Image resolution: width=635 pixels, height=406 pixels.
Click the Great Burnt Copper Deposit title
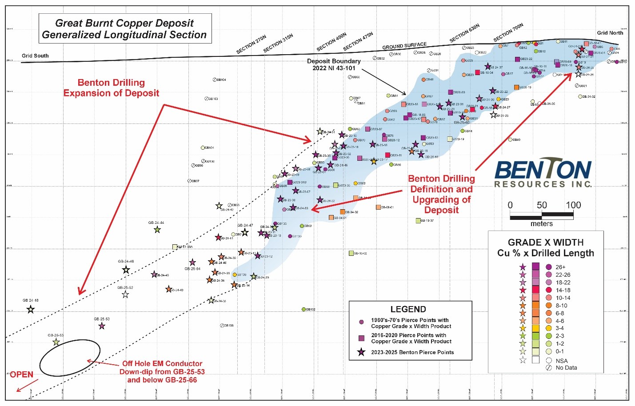pyautogui.click(x=124, y=28)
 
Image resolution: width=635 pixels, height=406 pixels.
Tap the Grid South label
pyautogui.click(x=35, y=56)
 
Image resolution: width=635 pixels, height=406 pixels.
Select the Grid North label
pyautogui.click(x=610, y=32)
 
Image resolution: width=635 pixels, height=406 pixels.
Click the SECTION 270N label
pyautogui.click(x=251, y=45)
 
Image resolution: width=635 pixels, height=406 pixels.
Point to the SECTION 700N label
pyautogui.click(x=508, y=33)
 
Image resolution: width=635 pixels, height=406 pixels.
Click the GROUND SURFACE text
pyautogui.click(x=404, y=46)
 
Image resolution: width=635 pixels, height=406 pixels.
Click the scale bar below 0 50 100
pyautogui.click(x=541, y=216)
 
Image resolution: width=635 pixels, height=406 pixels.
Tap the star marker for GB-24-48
pyautogui.click(x=30, y=310)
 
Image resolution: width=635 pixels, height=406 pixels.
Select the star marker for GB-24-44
pyautogui.click(x=157, y=230)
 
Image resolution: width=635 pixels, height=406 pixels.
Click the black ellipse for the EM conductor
pyautogui.click(x=69, y=359)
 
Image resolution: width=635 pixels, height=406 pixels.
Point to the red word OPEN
pyautogui.click(x=21, y=374)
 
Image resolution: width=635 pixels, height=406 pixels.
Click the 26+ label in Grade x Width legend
pyautogui.click(x=560, y=267)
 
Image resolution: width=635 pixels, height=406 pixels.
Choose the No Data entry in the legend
pyautogui.click(x=566, y=368)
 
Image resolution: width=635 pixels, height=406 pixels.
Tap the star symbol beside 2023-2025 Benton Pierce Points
pyautogui.click(x=361, y=352)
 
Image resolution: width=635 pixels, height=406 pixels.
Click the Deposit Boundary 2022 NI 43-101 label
pyautogui.click(x=334, y=64)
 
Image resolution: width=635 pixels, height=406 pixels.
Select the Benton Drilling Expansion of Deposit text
pyautogui.click(x=111, y=88)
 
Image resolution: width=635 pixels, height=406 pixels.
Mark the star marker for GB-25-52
pyautogui.click(x=125, y=295)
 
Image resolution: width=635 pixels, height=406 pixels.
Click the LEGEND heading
pyautogui.click(x=408, y=309)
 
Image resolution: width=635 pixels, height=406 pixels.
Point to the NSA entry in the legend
pyautogui.click(x=561, y=361)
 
